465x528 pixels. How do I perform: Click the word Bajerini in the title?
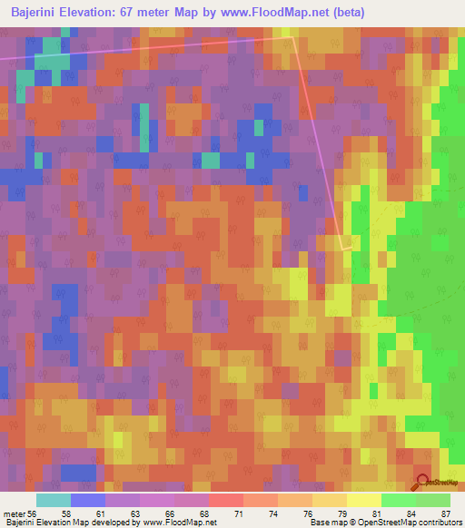point(35,12)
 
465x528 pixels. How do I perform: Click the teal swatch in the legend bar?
point(53,500)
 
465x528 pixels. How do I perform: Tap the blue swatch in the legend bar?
point(87,500)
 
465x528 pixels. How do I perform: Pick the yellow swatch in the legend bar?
point(363,500)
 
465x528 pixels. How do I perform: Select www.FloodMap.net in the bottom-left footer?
point(173,522)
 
